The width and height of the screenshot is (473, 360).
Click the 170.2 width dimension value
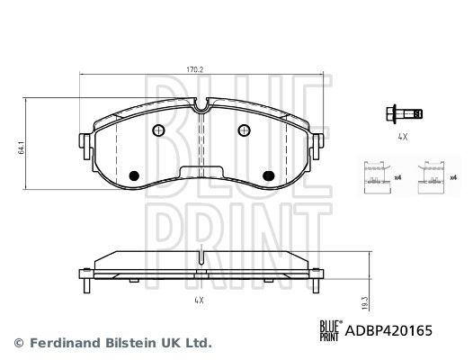click(194, 70)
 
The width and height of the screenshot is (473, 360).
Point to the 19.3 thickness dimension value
click(365, 303)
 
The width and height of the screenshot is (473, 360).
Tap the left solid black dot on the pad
click(134, 175)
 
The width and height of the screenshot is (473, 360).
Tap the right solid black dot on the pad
click(269, 175)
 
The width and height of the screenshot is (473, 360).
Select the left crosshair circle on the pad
click(158, 130)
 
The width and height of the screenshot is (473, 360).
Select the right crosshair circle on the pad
click(244, 130)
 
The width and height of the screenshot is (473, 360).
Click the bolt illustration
click(404, 114)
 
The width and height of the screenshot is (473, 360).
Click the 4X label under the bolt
click(403, 137)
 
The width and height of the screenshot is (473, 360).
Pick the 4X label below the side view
click(199, 301)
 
